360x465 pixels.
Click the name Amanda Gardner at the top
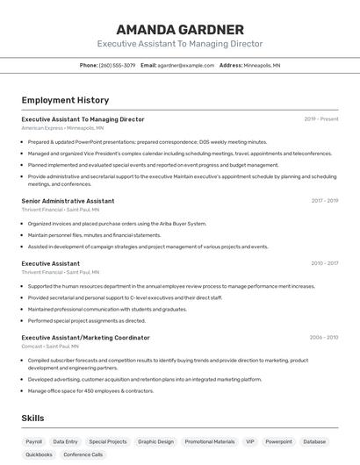point(179,29)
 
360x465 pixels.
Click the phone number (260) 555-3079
point(117,66)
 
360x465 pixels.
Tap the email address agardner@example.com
point(186,66)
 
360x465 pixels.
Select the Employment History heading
point(65,100)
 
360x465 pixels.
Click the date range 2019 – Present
point(321,119)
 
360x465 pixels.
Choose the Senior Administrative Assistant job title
point(68,201)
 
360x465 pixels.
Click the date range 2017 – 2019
point(324,201)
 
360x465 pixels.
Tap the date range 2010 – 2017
point(324,263)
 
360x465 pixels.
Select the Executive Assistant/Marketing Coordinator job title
point(85,337)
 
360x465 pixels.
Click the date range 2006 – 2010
point(323,337)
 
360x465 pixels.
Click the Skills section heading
point(32,418)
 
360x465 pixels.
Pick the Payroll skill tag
point(34,442)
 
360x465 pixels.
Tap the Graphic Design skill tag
point(155,442)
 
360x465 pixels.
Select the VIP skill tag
point(250,442)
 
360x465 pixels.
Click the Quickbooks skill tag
point(39,455)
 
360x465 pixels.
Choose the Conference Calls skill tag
point(83,455)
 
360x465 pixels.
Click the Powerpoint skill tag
point(279,442)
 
